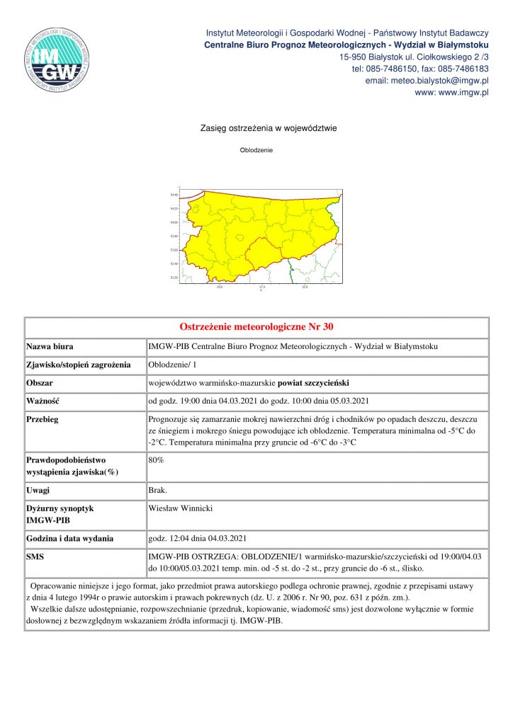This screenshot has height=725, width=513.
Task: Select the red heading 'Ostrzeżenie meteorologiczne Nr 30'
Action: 256,327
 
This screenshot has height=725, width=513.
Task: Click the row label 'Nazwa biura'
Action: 50,347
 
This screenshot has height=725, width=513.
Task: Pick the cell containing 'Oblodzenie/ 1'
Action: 169,365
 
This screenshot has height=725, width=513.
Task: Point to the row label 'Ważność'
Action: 43,401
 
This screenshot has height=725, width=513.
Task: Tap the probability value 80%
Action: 156,459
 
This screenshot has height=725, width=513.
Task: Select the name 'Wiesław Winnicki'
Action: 181,508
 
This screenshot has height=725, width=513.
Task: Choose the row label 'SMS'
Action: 35,557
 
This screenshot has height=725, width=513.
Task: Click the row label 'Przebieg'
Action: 43,419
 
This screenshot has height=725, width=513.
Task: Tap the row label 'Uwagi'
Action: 38,490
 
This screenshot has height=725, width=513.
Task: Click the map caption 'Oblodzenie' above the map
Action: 256,150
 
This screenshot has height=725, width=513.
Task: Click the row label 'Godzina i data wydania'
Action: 70,538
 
